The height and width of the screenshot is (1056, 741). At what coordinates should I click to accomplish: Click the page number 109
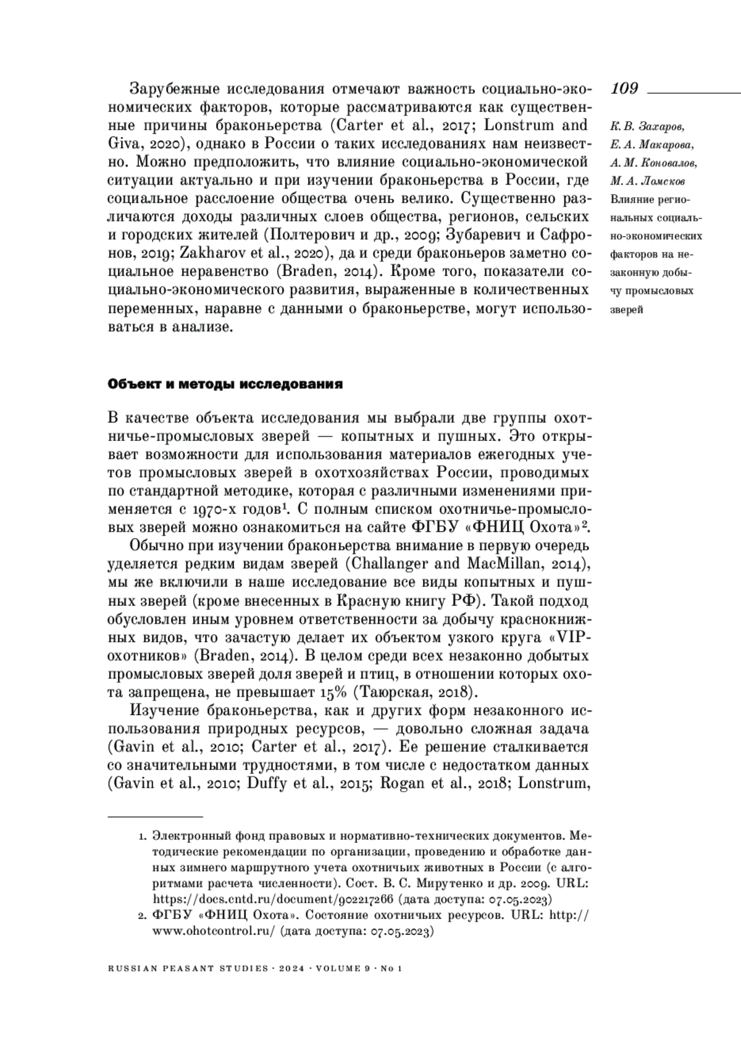coord(624,89)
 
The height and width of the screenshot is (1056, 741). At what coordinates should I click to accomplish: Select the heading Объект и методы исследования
coord(225,384)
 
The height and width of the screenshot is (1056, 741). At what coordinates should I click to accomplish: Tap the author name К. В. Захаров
coord(647,127)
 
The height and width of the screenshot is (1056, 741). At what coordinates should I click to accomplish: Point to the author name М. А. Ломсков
coord(648,182)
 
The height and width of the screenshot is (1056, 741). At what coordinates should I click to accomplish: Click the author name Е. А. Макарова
coord(651,145)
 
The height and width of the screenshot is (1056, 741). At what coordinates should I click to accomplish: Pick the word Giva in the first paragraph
coord(124,144)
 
